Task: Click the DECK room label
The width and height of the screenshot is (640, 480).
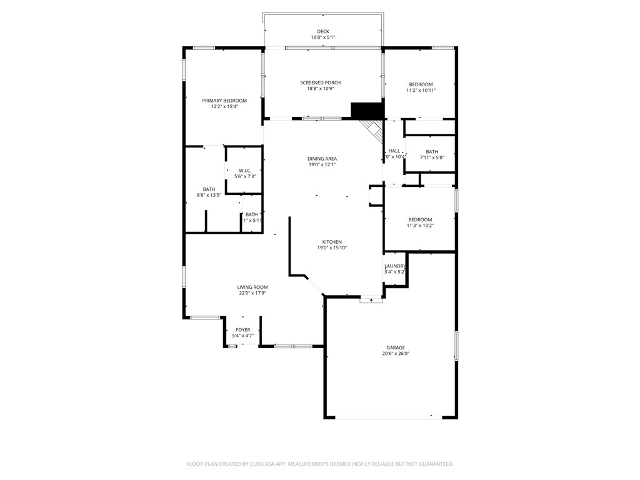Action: pos(322,31)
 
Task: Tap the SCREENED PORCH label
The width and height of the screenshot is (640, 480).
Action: pos(320,82)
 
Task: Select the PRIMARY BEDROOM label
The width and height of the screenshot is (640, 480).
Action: pos(224,101)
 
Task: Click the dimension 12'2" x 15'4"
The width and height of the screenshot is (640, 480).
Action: pos(224,107)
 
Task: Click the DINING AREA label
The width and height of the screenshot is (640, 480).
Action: pos(322,159)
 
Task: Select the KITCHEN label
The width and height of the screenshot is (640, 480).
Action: pos(332,242)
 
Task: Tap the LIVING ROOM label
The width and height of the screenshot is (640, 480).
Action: pos(252,287)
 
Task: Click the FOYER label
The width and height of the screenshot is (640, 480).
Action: pos(242,329)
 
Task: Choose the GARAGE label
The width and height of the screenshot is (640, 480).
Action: pos(395,347)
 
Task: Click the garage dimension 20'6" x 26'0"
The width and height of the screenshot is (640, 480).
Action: pos(395,354)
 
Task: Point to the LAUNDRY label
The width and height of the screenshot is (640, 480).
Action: pos(395,266)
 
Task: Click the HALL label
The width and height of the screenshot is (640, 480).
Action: pos(394,151)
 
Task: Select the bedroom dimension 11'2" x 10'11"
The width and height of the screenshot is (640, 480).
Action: pos(421,91)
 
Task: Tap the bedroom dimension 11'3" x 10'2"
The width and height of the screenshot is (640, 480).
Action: pos(420,226)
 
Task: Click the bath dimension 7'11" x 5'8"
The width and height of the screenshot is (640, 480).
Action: pos(432,157)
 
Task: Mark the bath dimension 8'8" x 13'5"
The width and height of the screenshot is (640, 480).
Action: pos(209,196)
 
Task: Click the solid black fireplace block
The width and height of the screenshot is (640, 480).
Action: pos(366,111)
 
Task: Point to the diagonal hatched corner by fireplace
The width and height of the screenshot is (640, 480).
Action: pos(374,130)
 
